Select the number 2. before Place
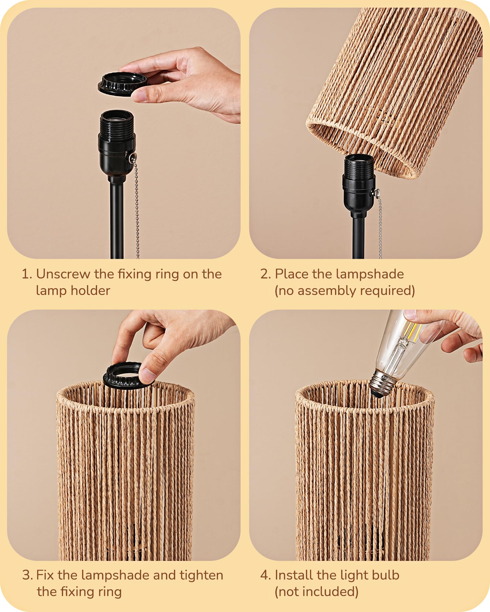tap(265, 274)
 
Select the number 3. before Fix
tap(27, 575)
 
